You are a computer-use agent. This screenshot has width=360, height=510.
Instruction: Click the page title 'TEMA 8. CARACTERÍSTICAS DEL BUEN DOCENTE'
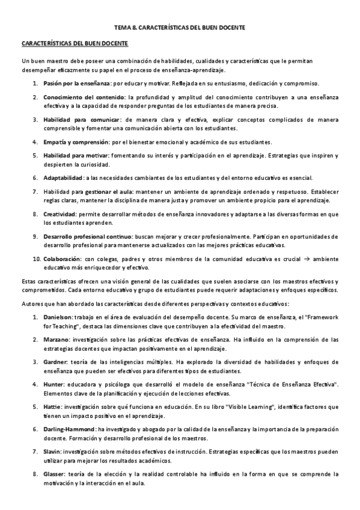click(x=180, y=28)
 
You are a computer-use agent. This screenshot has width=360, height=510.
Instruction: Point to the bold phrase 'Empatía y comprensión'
click(x=75, y=142)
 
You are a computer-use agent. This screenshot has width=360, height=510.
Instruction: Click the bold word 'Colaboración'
click(x=62, y=260)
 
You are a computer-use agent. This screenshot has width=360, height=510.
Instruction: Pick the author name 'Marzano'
click(x=56, y=339)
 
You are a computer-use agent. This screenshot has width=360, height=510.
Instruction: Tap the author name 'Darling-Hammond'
click(x=69, y=431)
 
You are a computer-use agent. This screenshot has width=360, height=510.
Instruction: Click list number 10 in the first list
click(x=35, y=260)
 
